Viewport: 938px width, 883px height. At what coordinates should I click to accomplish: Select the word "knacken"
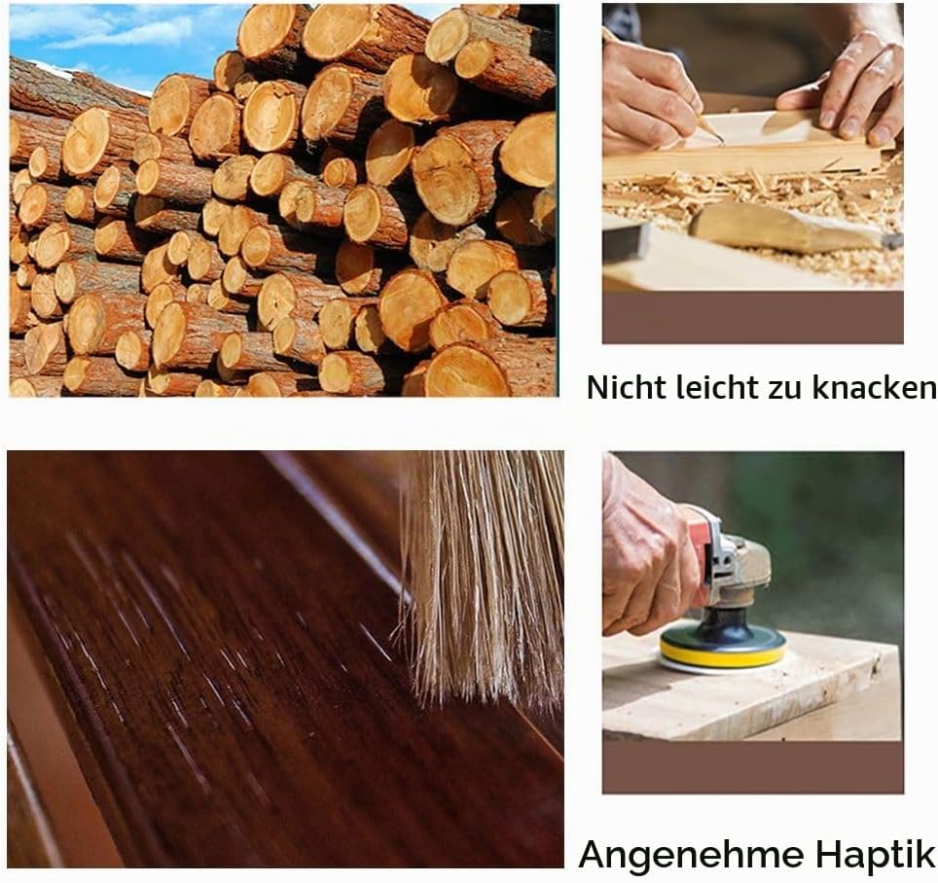tap(875, 387)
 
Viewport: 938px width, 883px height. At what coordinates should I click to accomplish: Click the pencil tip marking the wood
tap(722, 143)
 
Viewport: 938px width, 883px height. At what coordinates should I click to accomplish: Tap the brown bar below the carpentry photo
tap(752, 317)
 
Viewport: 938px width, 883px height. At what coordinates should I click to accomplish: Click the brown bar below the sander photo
tap(752, 767)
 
